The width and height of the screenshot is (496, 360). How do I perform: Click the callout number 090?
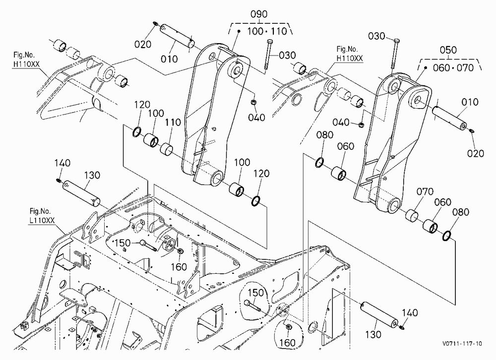click(x=259, y=14)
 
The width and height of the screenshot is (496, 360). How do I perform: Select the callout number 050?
click(x=448, y=50)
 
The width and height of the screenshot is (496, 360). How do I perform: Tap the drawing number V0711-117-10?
click(x=462, y=344)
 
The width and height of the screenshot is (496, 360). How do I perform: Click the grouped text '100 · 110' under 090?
click(x=267, y=31)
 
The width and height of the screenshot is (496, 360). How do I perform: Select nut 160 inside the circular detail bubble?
click(x=289, y=327)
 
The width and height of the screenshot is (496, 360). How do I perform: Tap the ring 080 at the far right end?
click(x=447, y=236)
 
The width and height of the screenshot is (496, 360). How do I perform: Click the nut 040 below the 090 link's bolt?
click(x=253, y=103)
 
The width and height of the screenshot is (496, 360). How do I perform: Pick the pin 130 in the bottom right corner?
click(x=378, y=314)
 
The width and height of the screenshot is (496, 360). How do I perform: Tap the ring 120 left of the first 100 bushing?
click(x=137, y=132)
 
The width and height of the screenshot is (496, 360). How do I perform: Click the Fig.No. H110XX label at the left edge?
click(x=26, y=59)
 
